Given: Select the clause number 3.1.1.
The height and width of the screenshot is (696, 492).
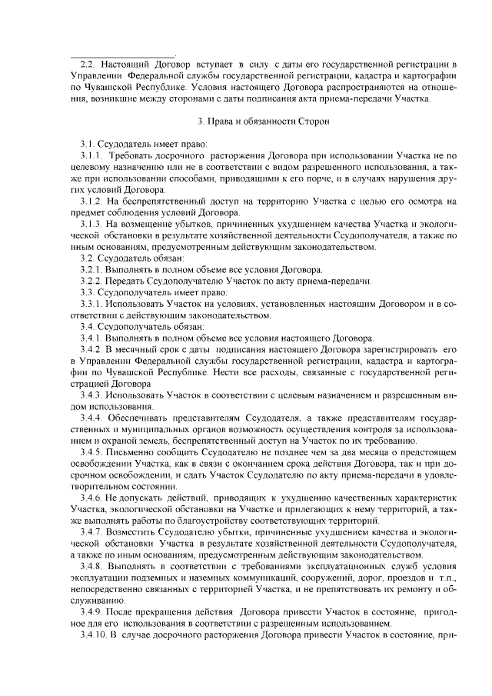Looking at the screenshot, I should coord(94,155).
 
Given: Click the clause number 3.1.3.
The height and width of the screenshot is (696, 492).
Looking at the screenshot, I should coord(94,223).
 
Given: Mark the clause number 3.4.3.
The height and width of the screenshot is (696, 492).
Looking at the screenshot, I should coord(94,395).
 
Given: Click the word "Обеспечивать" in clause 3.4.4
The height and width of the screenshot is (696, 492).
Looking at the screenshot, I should coord(138,417).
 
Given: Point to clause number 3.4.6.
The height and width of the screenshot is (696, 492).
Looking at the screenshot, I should coord(94,498).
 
